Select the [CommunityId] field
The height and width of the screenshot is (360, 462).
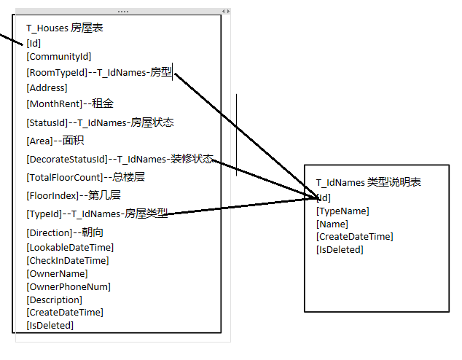tap(58, 56)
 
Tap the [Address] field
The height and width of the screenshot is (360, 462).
tap(47, 88)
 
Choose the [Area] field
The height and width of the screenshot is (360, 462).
tap(39, 141)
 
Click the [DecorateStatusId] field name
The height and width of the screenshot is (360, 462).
tap(66, 159)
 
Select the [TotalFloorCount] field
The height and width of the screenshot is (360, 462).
tap(63, 177)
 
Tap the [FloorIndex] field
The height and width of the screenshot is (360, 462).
tap(52, 195)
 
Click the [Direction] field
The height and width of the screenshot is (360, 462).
tap(49, 232)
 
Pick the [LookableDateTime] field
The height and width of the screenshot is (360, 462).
tap(69, 247)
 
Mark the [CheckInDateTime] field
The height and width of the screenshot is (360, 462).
tap(67, 260)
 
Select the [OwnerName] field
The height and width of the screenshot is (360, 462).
tap(57, 273)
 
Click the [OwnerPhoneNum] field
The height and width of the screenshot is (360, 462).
tap(68, 286)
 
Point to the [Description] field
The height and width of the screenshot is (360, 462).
tap(54, 300)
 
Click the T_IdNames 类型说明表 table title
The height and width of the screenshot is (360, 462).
tap(368, 182)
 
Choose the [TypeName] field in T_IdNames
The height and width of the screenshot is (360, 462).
tap(342, 211)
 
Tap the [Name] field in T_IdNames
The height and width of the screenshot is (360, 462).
tap(332, 224)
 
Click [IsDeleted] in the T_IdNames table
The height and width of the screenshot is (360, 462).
tap(340, 249)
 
